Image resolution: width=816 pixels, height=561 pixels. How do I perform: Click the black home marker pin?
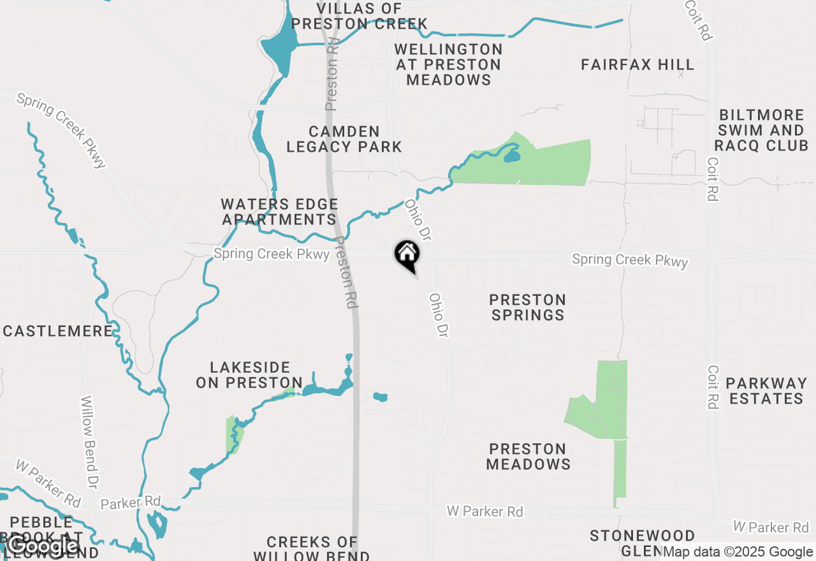point(407,256)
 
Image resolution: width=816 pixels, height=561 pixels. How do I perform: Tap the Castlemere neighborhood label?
point(58,331)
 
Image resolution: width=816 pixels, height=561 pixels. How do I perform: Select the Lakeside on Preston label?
point(249,375)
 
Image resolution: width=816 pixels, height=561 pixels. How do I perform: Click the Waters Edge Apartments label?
point(279,212)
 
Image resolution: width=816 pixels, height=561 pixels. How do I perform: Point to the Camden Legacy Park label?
point(344,139)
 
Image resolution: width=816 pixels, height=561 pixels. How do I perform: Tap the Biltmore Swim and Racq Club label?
point(761,131)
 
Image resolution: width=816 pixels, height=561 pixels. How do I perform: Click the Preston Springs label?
point(528,307)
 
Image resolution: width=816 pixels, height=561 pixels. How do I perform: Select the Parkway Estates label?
point(766,391)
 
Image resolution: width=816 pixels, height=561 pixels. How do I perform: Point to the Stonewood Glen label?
point(642,542)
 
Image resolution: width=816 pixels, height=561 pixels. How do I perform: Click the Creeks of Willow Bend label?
point(312,548)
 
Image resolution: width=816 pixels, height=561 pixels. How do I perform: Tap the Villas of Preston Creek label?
point(360,16)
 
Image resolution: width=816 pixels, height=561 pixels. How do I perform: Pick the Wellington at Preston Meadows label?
point(449,64)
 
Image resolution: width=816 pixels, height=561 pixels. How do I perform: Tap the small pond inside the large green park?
point(511,154)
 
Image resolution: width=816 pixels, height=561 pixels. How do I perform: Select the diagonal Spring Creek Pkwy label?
point(61,131)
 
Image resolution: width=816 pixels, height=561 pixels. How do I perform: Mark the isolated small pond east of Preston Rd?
point(380,397)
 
